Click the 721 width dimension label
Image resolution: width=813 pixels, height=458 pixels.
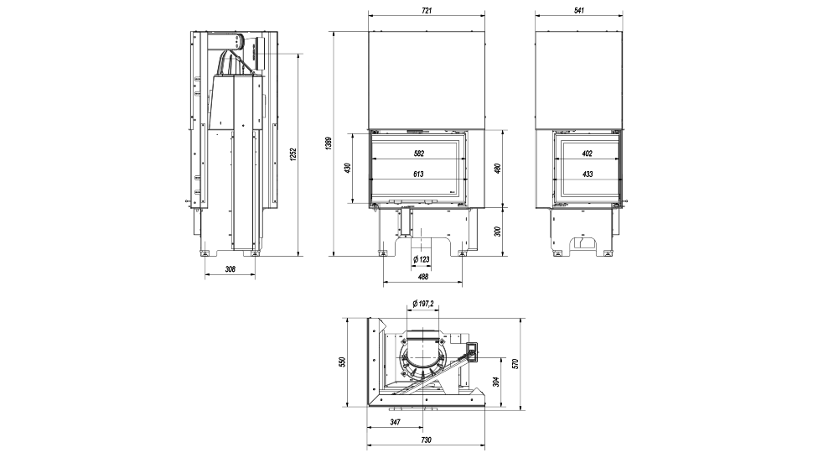point(426,10)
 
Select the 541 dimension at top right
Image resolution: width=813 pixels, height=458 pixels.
point(577,10)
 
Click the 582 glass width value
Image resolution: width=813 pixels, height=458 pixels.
point(419,154)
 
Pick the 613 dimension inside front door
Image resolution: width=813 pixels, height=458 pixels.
point(419,174)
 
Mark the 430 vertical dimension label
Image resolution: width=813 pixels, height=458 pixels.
point(348,168)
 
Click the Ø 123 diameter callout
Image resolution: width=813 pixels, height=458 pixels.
point(421,260)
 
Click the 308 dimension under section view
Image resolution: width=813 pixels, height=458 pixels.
point(230,269)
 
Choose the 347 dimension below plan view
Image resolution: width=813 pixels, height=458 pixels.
point(395,423)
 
